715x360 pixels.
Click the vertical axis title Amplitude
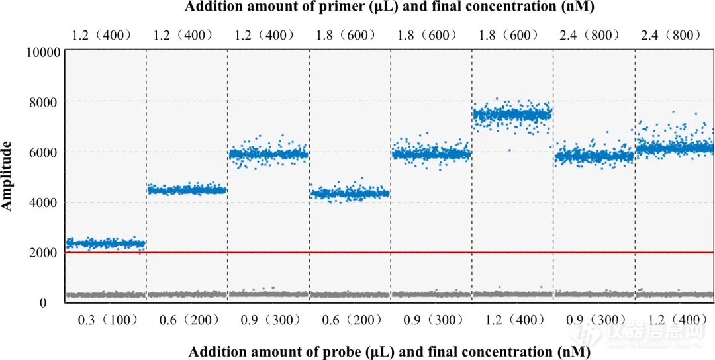point(8,175)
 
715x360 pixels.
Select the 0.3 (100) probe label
point(106,320)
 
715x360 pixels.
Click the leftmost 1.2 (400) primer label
point(106,35)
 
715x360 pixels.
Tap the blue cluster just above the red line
point(106,244)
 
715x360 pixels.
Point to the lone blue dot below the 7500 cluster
point(510,151)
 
